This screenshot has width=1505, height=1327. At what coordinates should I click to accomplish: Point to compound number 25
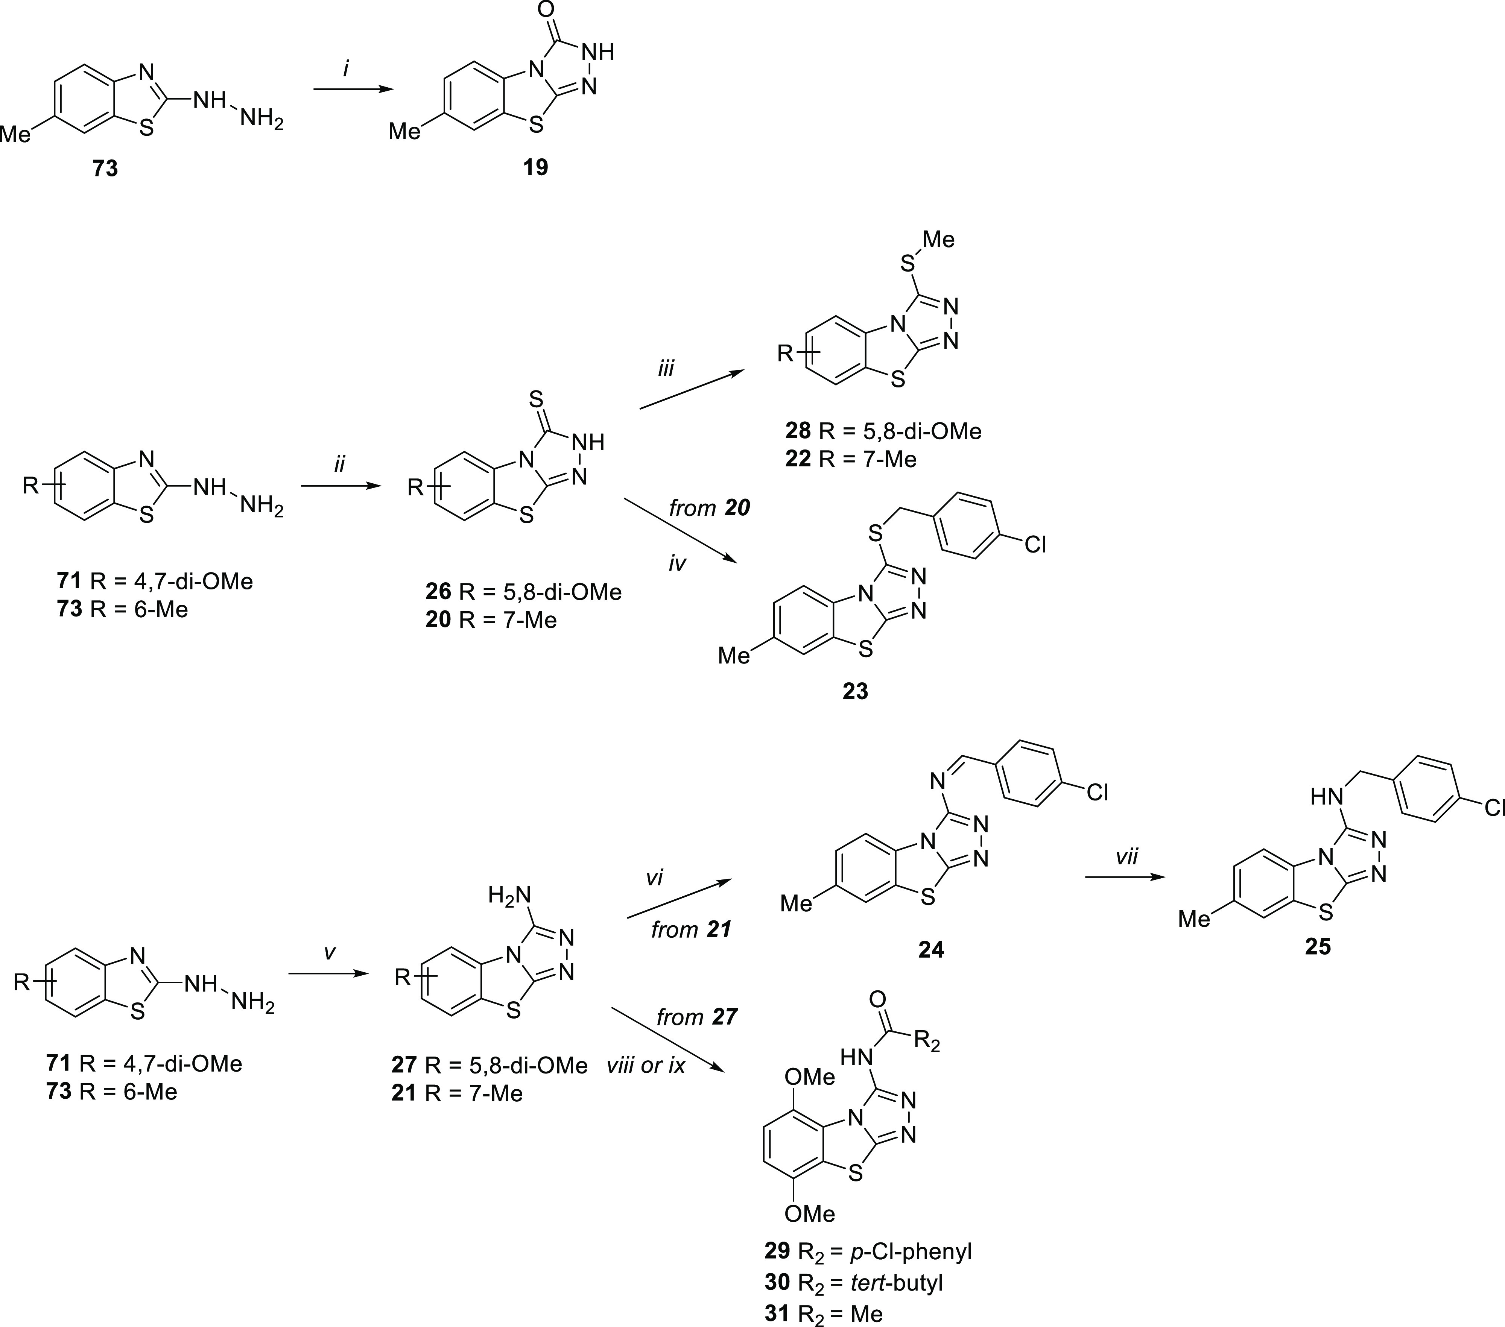[1317, 946]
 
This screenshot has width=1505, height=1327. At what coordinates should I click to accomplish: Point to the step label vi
[655, 877]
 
